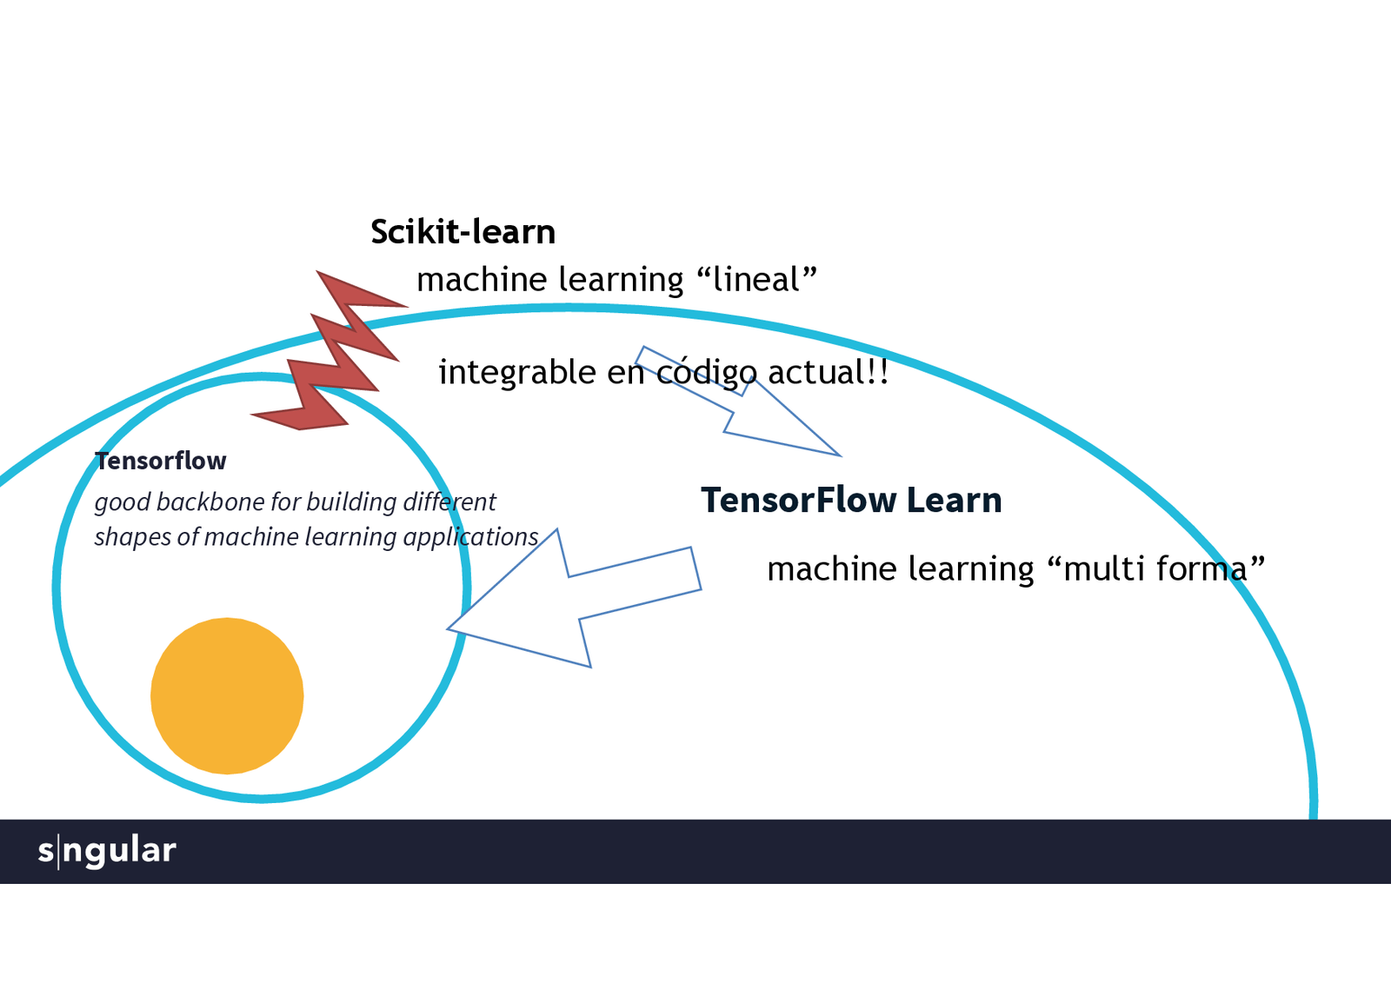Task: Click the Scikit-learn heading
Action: (463, 232)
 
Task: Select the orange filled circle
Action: (227, 695)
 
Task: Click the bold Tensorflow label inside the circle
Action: (161, 461)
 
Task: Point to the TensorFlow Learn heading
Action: (851, 501)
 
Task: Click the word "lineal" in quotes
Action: (756, 280)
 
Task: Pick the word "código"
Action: (706, 373)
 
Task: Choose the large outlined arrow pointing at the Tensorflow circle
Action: (574, 600)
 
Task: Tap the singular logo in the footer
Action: (107, 851)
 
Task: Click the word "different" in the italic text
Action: (449, 502)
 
